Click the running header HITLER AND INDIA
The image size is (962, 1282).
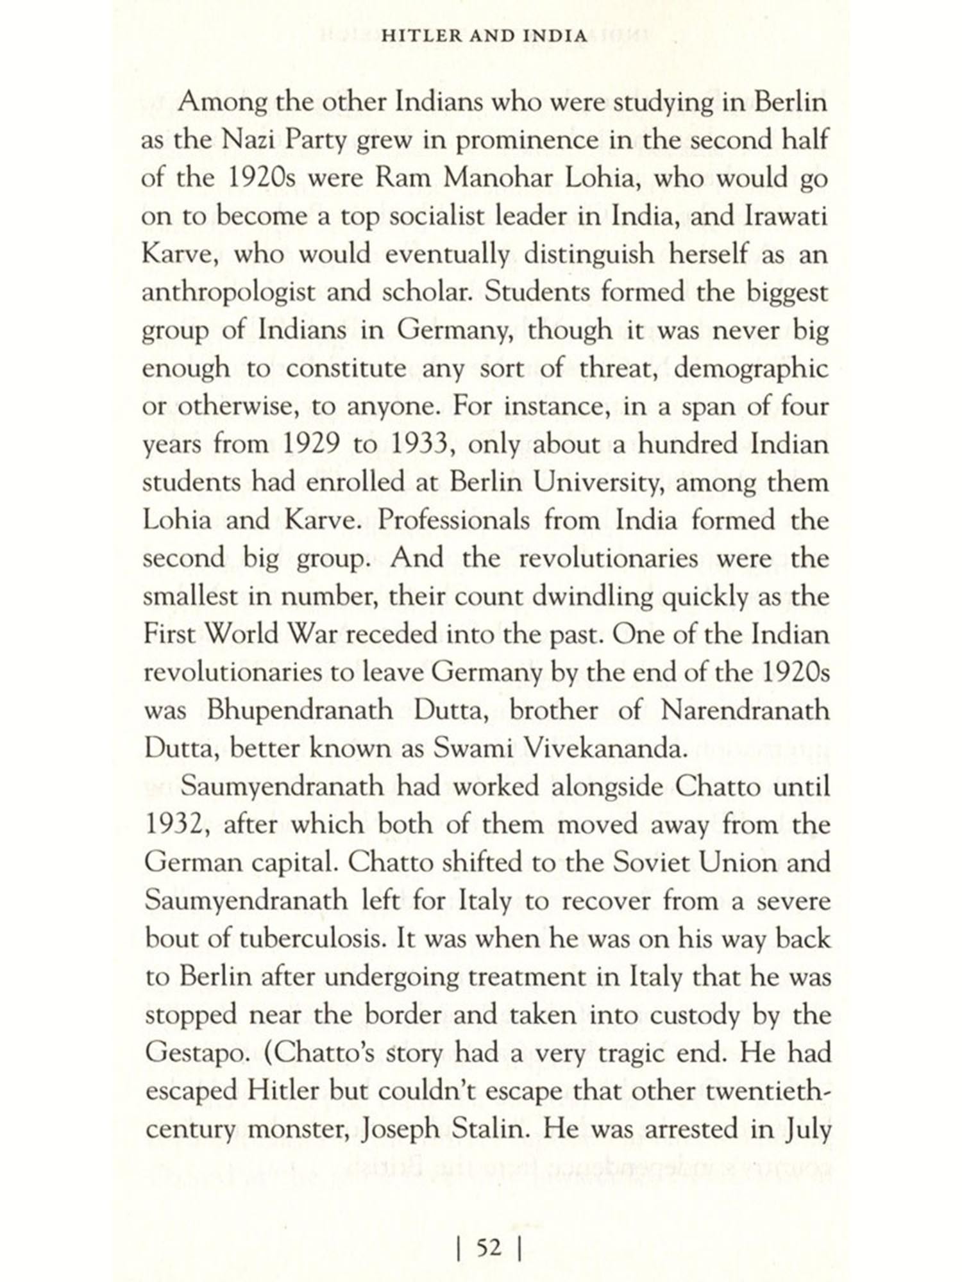click(484, 36)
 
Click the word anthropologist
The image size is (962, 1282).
click(230, 293)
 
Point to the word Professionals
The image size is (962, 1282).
click(453, 520)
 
